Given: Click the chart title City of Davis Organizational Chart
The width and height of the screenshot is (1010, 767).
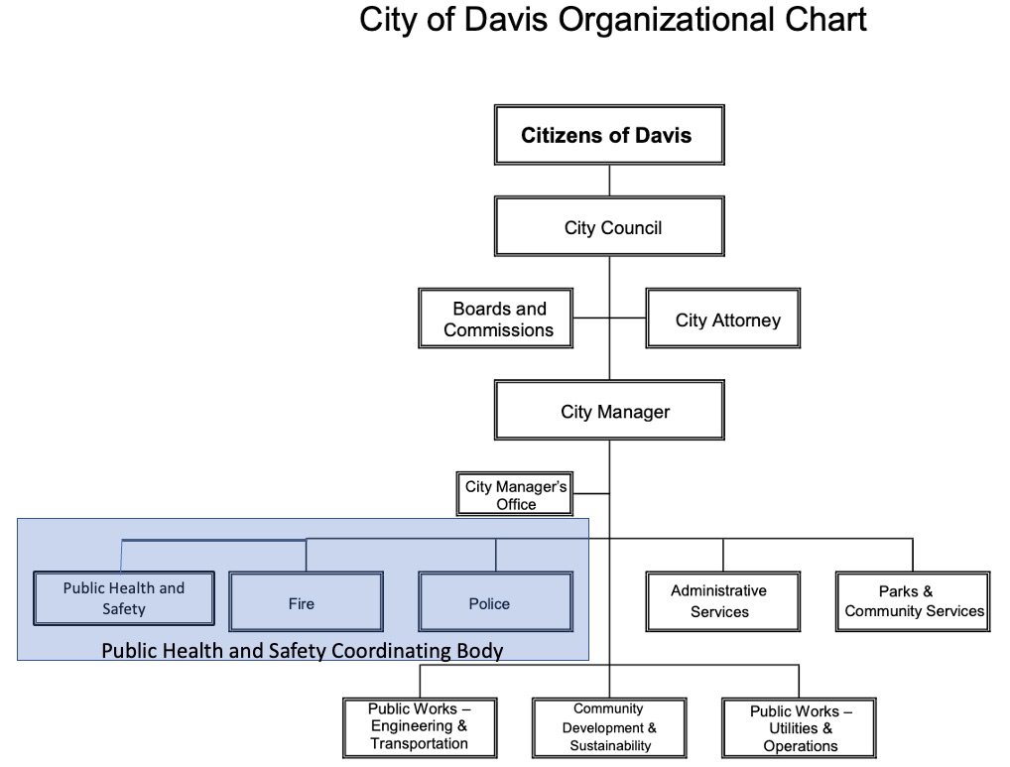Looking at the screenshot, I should (x=612, y=20).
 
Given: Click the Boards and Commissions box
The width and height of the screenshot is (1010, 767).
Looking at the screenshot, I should (x=496, y=319).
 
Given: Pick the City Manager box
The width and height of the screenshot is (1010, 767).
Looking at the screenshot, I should (x=609, y=412).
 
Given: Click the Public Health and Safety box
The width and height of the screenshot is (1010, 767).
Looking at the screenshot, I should (x=123, y=598).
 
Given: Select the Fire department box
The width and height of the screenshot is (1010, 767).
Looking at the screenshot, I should (x=306, y=602).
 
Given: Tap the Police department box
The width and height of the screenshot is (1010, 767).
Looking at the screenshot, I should (x=495, y=602).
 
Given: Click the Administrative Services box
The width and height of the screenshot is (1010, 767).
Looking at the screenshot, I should (x=722, y=601).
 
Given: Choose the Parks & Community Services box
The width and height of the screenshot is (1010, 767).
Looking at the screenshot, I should (x=913, y=601).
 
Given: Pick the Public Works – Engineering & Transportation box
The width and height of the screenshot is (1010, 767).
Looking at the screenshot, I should (x=419, y=727).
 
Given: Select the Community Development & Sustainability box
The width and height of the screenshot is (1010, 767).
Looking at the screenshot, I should (x=609, y=727).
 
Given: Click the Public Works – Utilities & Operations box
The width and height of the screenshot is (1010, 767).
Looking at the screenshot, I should (x=799, y=727).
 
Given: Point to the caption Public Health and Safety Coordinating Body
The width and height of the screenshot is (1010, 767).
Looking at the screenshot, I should (x=303, y=652).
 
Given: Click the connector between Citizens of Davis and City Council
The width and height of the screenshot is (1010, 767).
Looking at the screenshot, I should (x=609, y=181).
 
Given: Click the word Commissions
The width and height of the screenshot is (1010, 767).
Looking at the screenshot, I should (x=498, y=330).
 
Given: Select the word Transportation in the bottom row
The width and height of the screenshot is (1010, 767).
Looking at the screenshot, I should (x=419, y=744).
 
